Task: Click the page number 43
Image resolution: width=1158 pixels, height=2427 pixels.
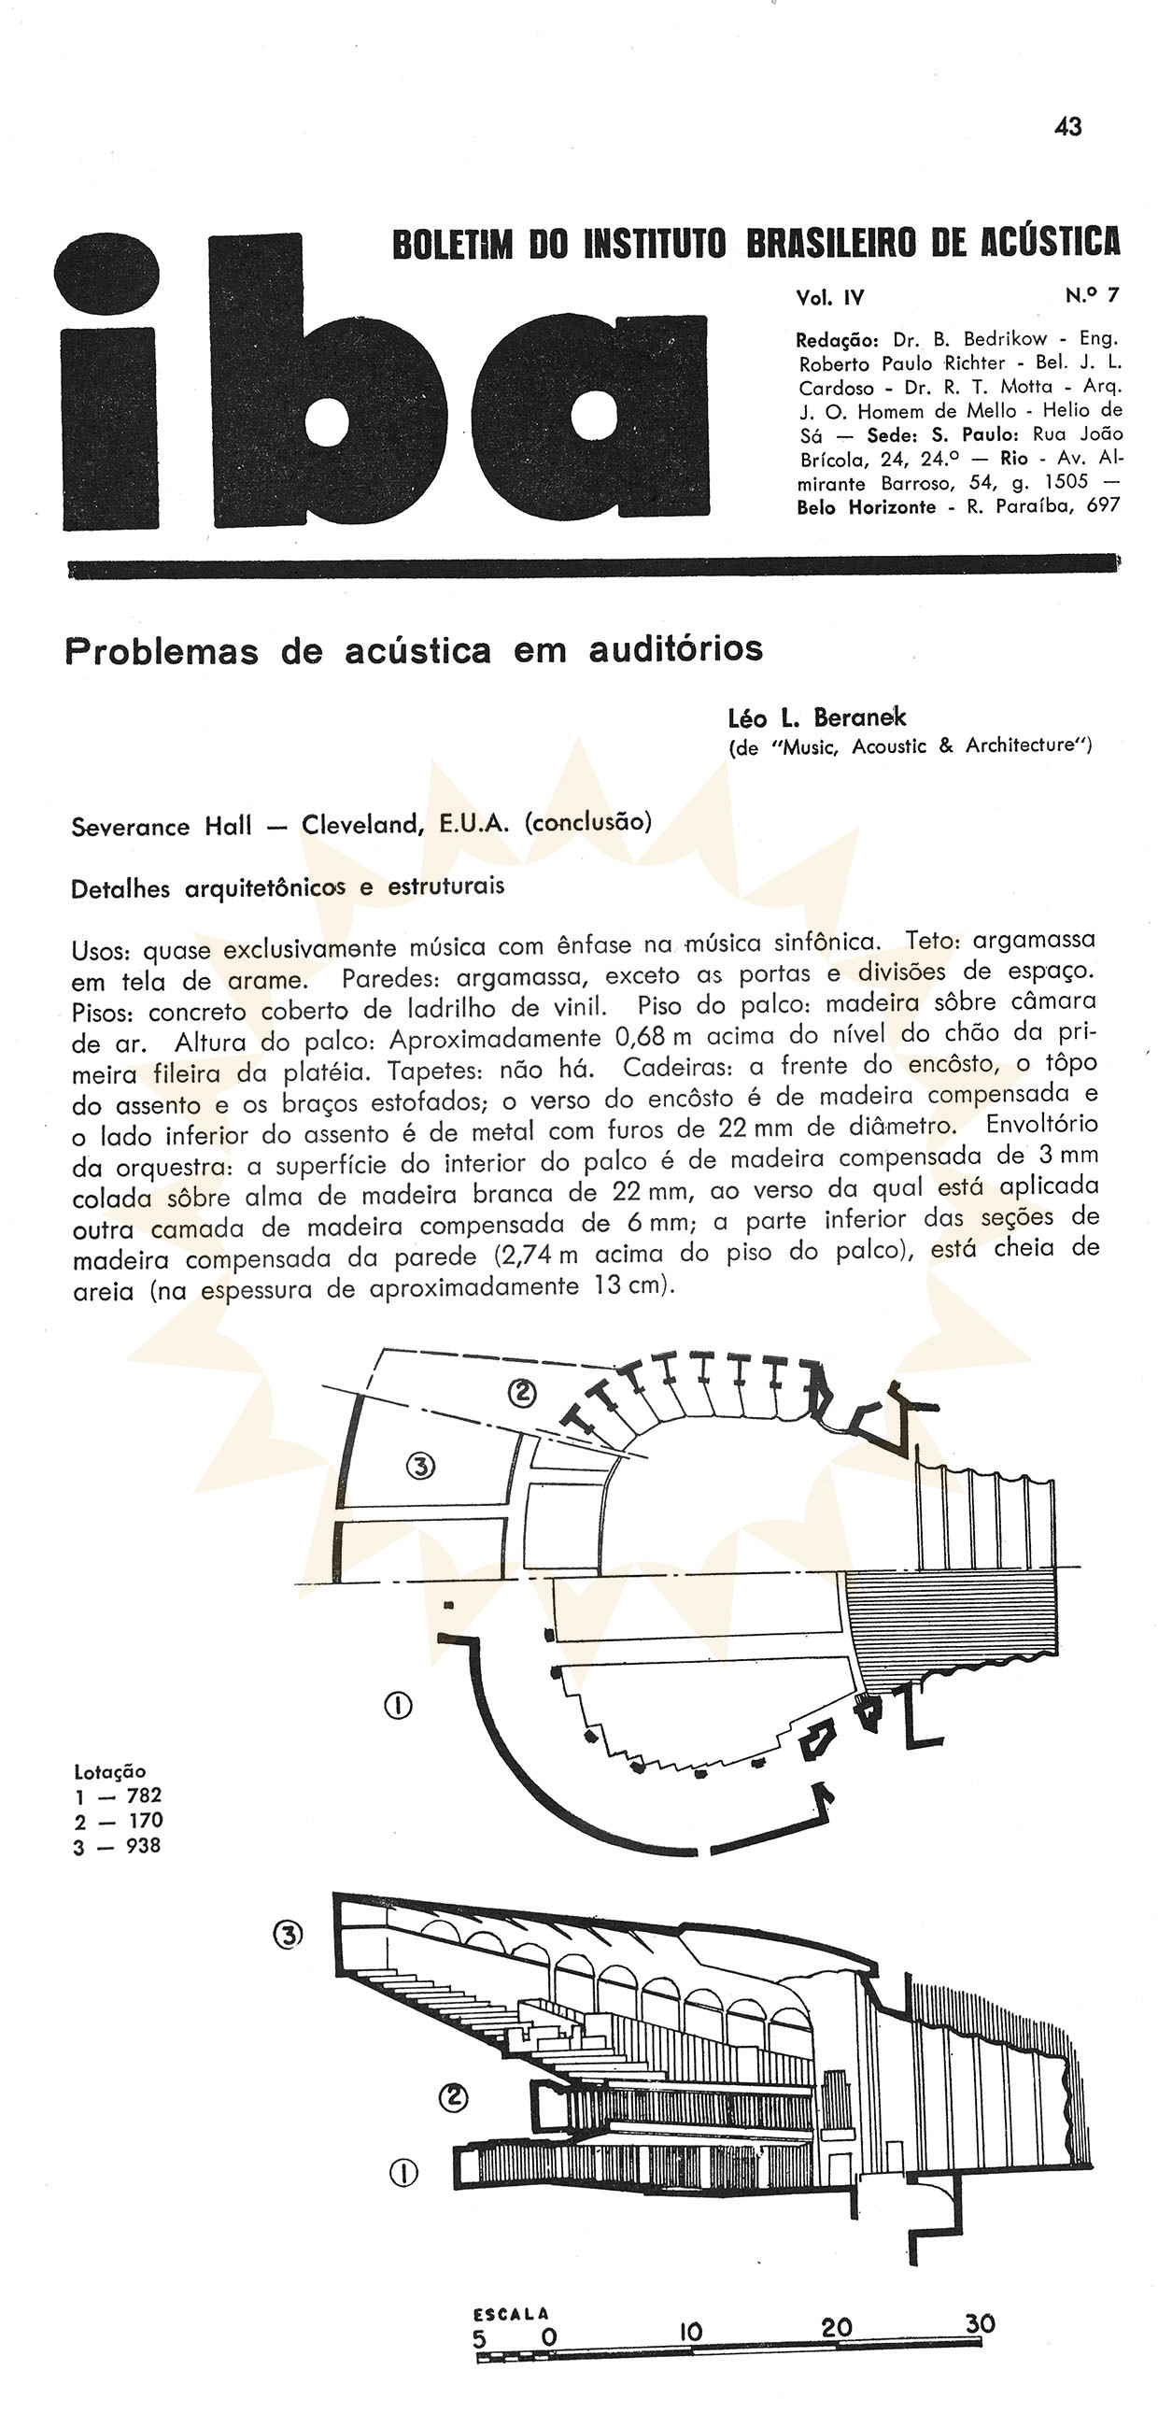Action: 1068,127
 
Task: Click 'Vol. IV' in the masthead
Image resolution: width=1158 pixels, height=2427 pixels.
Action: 829,298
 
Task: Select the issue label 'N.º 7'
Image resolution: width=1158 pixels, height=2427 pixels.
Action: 1092,296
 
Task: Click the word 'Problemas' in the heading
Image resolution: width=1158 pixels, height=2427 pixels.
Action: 162,651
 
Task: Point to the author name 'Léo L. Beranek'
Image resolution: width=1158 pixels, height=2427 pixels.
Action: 817,718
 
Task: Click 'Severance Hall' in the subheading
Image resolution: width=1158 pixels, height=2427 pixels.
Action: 162,826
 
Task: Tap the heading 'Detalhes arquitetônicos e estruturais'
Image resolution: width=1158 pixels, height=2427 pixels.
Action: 288,887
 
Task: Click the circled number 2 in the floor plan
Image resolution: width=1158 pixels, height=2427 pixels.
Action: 521,1393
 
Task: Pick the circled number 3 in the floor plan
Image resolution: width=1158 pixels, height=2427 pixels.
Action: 421,1465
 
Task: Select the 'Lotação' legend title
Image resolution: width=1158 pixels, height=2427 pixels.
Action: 109,1771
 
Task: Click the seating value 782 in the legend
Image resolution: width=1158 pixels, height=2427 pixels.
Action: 144,1795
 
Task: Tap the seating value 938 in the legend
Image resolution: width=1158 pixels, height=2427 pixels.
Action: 143,1847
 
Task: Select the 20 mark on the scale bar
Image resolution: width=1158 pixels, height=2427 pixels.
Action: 836,2328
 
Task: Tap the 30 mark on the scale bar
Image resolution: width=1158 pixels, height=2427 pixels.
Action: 980,2323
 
